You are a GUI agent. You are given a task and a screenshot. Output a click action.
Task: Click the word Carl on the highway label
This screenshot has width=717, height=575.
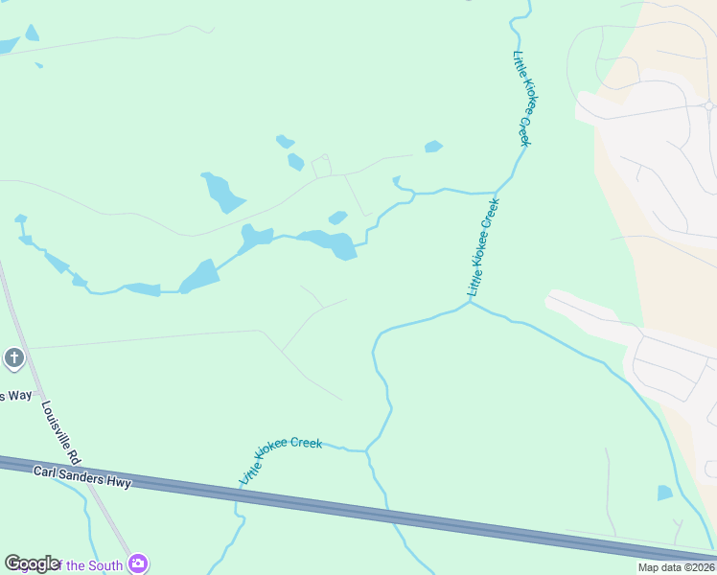46,471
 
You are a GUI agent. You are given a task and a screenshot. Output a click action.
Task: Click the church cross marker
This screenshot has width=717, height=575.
13,358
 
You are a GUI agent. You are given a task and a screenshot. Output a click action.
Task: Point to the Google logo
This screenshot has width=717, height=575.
32,563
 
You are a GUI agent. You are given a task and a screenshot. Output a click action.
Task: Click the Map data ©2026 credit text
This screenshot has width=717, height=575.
676,567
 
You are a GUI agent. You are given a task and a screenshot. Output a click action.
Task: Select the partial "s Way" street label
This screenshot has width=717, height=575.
15,395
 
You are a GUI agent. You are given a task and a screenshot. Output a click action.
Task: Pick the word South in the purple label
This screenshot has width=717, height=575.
105,565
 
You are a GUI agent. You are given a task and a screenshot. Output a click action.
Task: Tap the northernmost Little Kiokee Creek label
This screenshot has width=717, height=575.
522,99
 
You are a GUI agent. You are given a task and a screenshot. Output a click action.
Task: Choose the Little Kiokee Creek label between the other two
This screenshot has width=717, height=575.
483,247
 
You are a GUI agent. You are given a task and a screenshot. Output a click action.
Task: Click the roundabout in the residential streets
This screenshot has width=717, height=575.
708,105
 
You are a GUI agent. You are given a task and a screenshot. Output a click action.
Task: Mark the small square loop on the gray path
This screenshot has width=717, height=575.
321,167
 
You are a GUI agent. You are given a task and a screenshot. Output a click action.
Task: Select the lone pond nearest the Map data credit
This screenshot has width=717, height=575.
664,493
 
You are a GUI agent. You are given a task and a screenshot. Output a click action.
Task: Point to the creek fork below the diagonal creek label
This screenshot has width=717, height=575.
470,303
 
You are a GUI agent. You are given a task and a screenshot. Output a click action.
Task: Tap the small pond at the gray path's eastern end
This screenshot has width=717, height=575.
433,147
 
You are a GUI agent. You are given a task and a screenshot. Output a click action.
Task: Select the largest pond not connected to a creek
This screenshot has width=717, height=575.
222,192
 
